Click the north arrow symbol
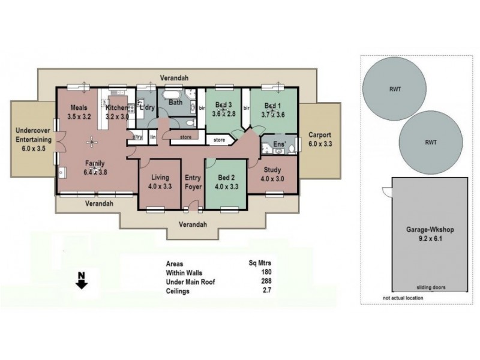point(81,281)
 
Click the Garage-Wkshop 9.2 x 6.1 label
point(421,233)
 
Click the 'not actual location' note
point(403,298)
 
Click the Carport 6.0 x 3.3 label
point(319,140)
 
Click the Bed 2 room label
point(225,182)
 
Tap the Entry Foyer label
point(192,182)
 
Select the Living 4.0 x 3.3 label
point(160,182)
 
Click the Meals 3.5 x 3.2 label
point(79,112)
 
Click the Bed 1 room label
point(272,110)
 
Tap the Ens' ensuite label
point(278,145)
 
